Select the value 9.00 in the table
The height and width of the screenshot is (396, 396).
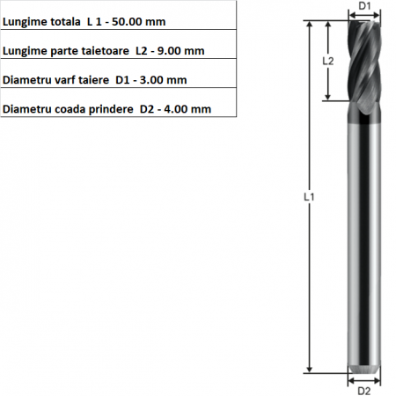click(169, 51)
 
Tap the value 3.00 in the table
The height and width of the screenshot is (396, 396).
click(151, 80)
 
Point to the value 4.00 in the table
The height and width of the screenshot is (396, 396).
click(175, 109)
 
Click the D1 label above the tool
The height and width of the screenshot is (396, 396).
click(364, 6)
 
